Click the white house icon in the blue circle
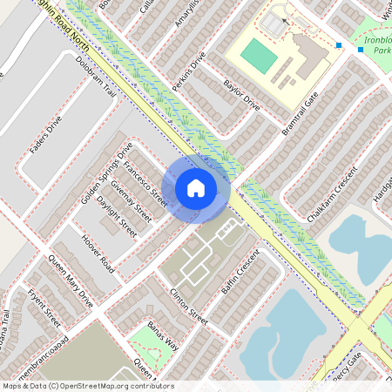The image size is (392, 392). pos(196,186)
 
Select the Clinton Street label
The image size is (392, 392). pos(189,307)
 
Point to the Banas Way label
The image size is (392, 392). pos(162,336)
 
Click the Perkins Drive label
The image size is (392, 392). pos(189,71)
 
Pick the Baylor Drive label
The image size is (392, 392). pos(241,95)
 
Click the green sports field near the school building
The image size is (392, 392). pos(258,56)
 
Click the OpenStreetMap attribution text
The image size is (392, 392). pos(87,386)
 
